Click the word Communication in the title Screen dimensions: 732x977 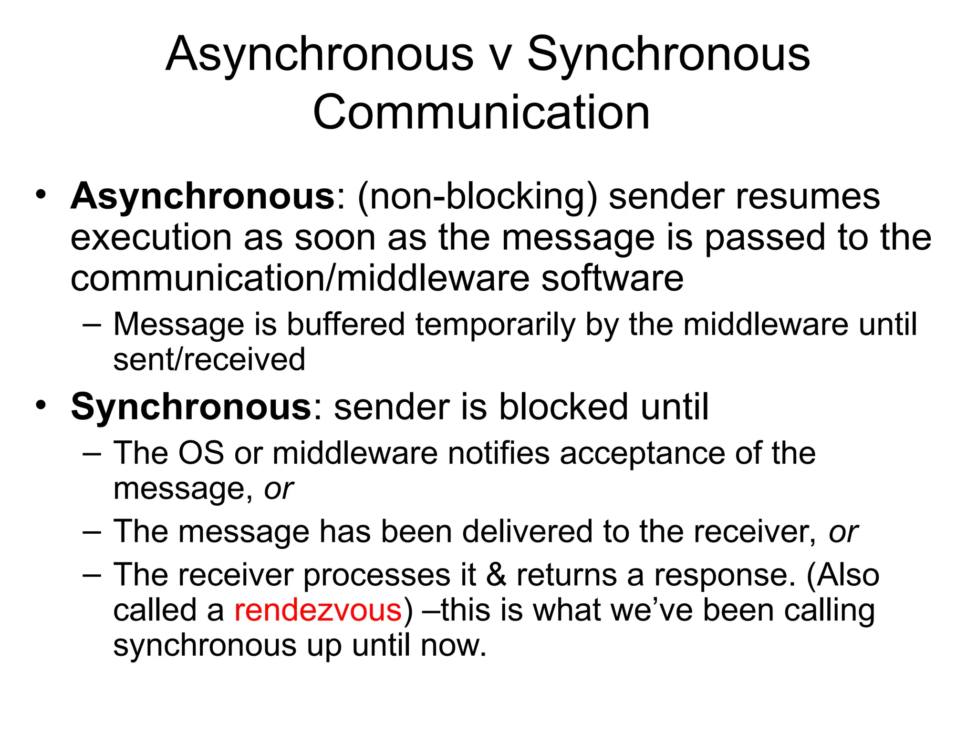(481, 112)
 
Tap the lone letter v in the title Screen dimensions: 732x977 (500, 56)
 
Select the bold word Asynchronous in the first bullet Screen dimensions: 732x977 (203, 197)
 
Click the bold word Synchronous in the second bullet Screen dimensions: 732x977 (191, 407)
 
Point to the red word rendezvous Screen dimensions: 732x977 (318, 610)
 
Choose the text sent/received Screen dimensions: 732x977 (209, 360)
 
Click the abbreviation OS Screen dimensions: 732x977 (200, 453)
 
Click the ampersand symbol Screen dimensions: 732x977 (496, 575)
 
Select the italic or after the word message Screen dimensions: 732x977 (279, 489)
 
